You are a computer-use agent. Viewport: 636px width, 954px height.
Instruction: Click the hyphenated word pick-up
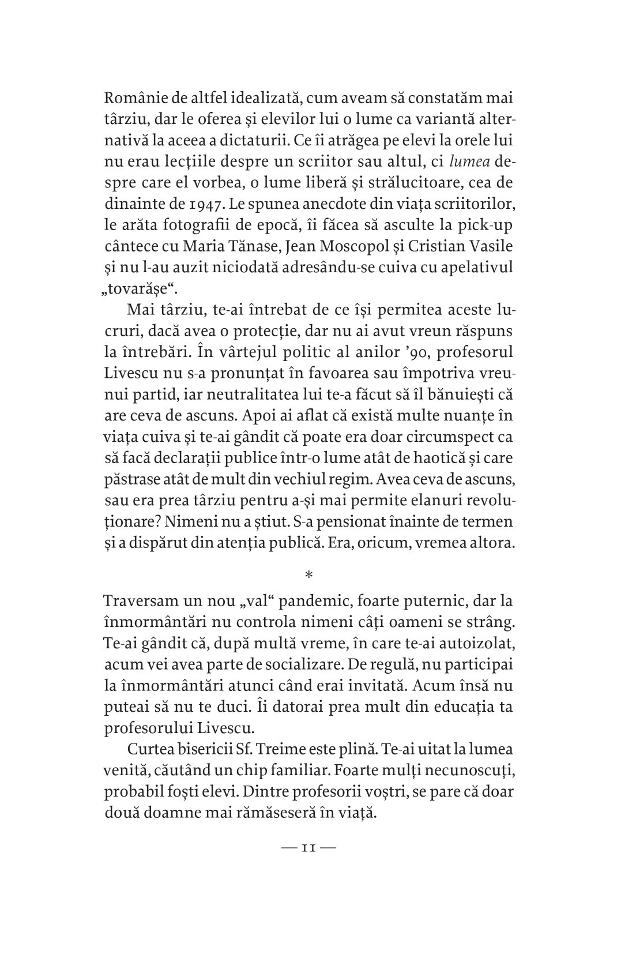tap(482, 226)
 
